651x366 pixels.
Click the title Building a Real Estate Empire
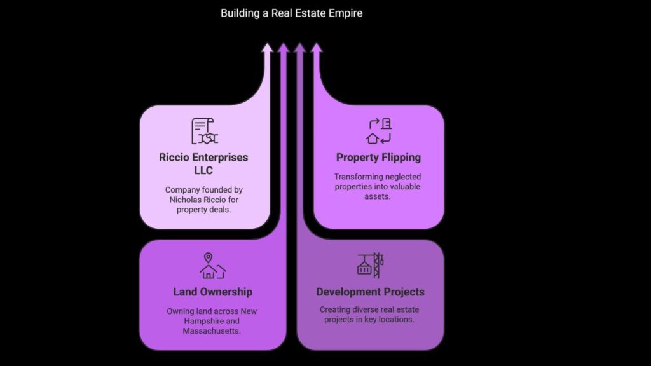coord(291,13)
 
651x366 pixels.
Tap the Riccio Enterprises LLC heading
coord(203,163)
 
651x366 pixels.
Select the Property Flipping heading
coord(378,158)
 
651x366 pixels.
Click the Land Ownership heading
coord(212,292)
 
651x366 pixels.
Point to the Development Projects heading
coord(371,292)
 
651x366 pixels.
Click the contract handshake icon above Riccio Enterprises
coord(205,131)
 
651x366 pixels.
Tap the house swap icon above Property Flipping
coord(379,131)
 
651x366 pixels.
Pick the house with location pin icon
coord(212,266)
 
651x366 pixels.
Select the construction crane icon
coord(371,265)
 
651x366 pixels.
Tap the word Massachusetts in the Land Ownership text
coord(210,331)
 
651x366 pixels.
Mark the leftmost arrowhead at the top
coord(267,48)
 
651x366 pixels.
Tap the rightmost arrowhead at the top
coord(317,48)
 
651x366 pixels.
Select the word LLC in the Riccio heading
coord(203,170)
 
